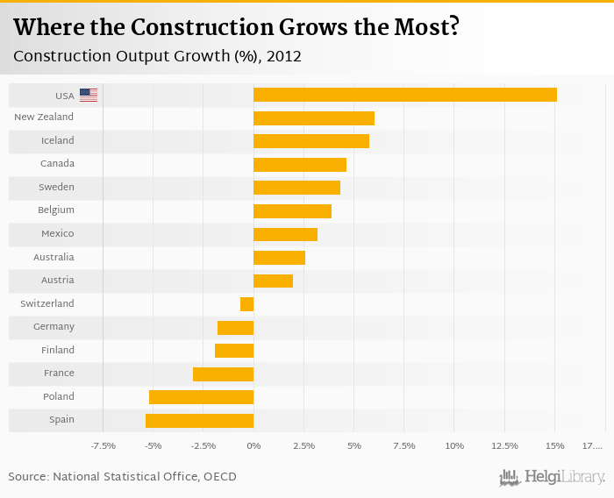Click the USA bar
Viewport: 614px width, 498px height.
[404, 95]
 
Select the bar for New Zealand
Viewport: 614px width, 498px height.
[313, 117]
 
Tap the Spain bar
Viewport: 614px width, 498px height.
[199, 420]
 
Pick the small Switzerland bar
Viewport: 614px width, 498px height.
[246, 304]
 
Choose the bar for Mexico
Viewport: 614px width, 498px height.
[285, 234]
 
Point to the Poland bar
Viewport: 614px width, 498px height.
[201, 397]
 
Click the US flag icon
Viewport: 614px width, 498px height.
[89, 95]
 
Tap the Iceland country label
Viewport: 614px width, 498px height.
[57, 140]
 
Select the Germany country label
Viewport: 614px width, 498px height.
[54, 327]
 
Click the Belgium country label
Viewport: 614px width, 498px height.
[55, 210]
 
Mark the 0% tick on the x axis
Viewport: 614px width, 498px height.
[253, 446]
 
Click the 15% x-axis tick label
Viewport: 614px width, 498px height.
[554, 446]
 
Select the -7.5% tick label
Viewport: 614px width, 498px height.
[104, 446]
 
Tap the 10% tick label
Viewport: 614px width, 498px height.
[454, 446]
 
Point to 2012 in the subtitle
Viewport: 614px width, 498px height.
[285, 57]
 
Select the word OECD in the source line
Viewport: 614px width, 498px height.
[218, 477]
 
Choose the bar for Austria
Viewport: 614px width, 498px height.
[273, 281]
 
